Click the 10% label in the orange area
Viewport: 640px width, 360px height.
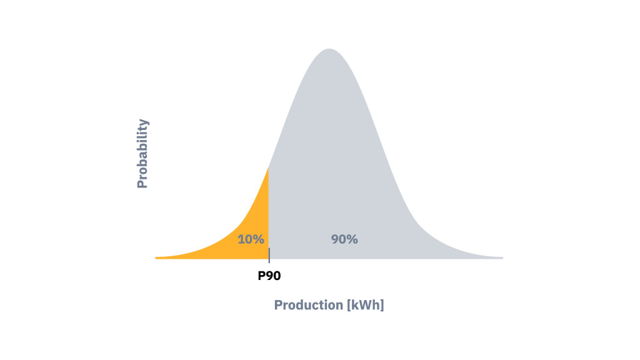[251, 239]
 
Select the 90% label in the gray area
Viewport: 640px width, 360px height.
[344, 239]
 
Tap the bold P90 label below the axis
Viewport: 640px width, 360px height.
[270, 275]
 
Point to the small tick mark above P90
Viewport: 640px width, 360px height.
[269, 254]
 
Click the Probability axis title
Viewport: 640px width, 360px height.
[142, 154]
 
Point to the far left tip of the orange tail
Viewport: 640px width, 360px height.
[157, 257]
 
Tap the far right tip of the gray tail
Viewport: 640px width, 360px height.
[501, 257]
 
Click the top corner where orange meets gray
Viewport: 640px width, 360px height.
[269, 167]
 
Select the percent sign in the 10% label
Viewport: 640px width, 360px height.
[259, 239]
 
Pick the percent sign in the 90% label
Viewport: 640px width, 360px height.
[352, 239]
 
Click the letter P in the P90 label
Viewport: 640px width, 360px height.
[262, 275]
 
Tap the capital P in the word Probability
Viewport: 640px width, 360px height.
[142, 182]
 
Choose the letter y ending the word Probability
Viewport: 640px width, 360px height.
[144, 122]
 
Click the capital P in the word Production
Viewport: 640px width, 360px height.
[278, 306]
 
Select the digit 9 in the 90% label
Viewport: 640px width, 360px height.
[336, 239]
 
